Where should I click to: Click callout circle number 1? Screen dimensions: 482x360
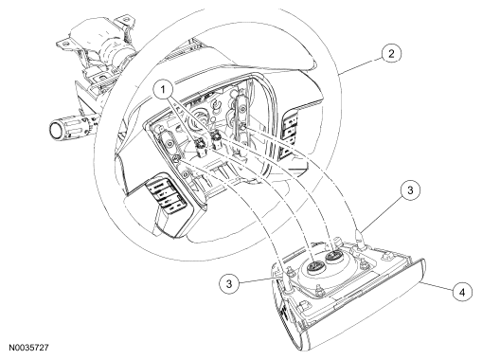163,90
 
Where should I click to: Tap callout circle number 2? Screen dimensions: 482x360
391,54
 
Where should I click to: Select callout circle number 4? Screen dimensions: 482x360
462,293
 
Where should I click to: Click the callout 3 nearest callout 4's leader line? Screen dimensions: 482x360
410,190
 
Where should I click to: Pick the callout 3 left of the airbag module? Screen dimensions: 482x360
229,283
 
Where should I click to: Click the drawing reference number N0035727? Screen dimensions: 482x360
28,348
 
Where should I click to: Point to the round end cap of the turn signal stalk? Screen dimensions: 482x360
55,131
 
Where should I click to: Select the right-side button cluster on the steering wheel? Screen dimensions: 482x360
291,133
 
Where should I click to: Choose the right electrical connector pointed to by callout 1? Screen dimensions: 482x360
217,141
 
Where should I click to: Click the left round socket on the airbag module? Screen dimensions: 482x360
312,266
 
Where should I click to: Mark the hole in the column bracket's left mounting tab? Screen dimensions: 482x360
63,44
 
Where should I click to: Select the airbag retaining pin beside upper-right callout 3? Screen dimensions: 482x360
359,239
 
